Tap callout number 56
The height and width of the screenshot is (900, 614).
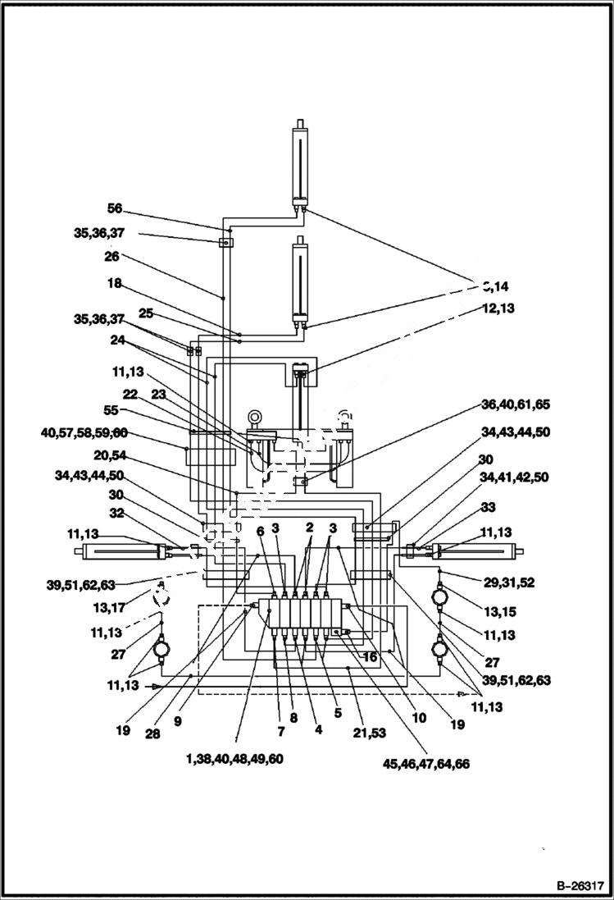pos(114,208)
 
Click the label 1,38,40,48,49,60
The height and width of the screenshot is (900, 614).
pos(234,760)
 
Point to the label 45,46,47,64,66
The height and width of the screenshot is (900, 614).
pos(426,764)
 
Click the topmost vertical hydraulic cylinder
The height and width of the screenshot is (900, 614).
pos(301,164)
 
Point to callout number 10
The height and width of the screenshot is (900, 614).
pos(419,717)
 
